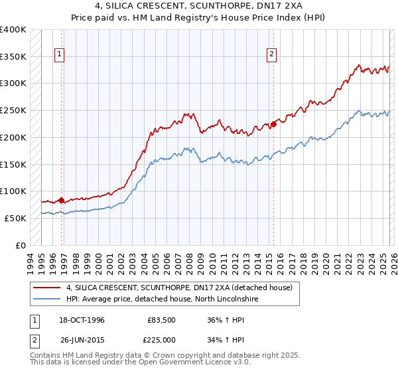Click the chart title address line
click(198, 6)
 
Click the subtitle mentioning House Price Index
click(198, 17)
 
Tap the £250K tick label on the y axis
click(13, 111)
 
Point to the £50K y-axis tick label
click(15, 218)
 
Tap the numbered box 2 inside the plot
click(272, 55)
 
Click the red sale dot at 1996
click(62, 200)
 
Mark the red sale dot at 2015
click(273, 124)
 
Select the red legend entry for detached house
click(183, 288)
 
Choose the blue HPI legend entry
click(161, 299)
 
